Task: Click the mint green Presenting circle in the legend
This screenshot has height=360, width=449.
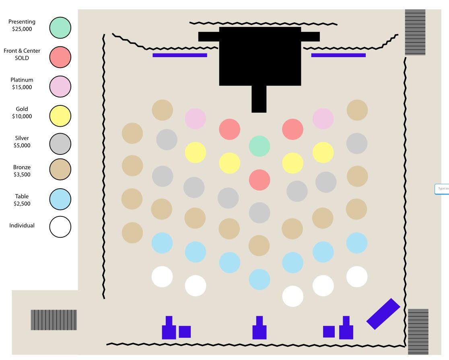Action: [x=60, y=28]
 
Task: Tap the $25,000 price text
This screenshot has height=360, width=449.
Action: [x=22, y=29]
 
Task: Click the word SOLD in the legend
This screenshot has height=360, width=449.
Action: [x=22, y=58]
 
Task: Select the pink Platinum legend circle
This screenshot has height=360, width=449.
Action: [x=60, y=86]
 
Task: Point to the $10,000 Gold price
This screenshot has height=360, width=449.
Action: [x=22, y=116]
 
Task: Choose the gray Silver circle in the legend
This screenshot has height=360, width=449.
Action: [x=60, y=144]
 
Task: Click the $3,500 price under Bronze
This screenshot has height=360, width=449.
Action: [x=22, y=175]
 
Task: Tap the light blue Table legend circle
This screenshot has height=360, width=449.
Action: [x=60, y=199]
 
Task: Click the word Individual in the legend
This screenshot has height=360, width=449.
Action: [x=22, y=226]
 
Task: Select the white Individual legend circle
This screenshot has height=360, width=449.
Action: [x=60, y=227]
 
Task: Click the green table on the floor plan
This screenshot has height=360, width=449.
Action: [x=260, y=146]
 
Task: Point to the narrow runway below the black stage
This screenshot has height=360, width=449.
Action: [x=259, y=99]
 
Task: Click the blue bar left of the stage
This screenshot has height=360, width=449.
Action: [x=179, y=55]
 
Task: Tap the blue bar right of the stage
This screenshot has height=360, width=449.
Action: [x=338, y=55]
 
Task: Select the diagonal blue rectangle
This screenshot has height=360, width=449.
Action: [x=383, y=314]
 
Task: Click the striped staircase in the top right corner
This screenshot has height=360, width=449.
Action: [x=415, y=32]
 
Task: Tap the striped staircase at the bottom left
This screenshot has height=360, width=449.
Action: [x=54, y=320]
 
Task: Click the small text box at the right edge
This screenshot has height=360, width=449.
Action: [x=442, y=189]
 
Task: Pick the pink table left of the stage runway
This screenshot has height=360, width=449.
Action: [x=196, y=119]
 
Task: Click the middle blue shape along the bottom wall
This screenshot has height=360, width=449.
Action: [x=260, y=329]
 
